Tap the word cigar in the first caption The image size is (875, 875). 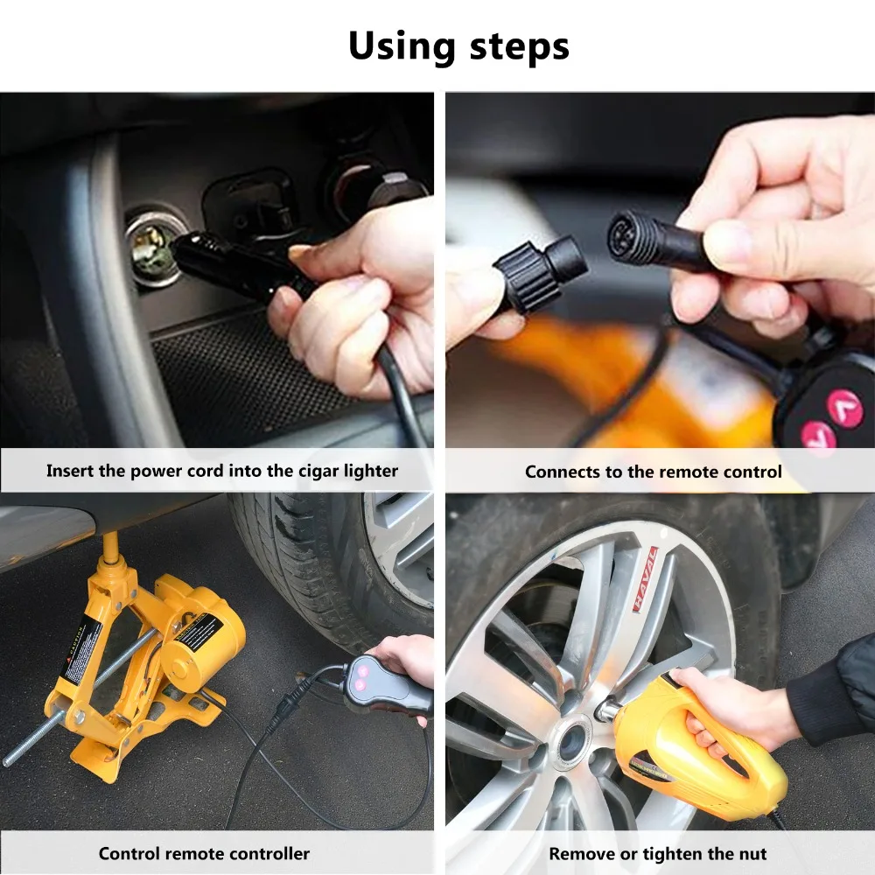point(302,471)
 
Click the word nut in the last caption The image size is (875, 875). point(749,853)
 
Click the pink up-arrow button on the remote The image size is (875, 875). point(844,405)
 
